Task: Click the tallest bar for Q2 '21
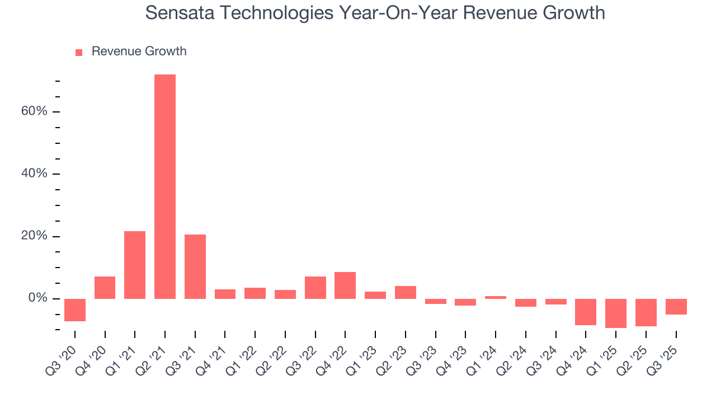(165, 186)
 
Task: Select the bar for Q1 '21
(135, 265)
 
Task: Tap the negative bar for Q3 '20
(75, 310)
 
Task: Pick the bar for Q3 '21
(195, 266)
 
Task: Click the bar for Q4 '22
(345, 285)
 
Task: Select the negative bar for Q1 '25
(616, 313)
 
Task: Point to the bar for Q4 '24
(586, 312)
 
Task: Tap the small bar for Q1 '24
(496, 297)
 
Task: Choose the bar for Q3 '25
(676, 307)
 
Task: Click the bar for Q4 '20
(105, 287)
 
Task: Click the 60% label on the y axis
(34, 111)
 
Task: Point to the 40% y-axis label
(34, 174)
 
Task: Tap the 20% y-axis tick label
(34, 236)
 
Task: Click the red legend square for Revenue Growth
(79, 52)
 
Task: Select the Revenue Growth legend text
(139, 51)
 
